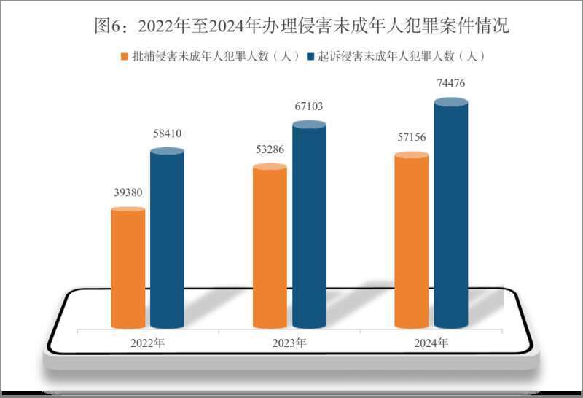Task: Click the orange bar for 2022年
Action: coord(128,268)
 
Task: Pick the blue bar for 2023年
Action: coord(309,226)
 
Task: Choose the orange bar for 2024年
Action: coord(411,241)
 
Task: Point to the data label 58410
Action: coord(167,133)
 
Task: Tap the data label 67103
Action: coord(309,106)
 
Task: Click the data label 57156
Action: coord(412,138)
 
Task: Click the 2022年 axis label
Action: coord(148,342)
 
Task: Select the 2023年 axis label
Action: coord(289,342)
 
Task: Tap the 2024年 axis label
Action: coord(431,342)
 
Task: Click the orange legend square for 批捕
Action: coord(124,57)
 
